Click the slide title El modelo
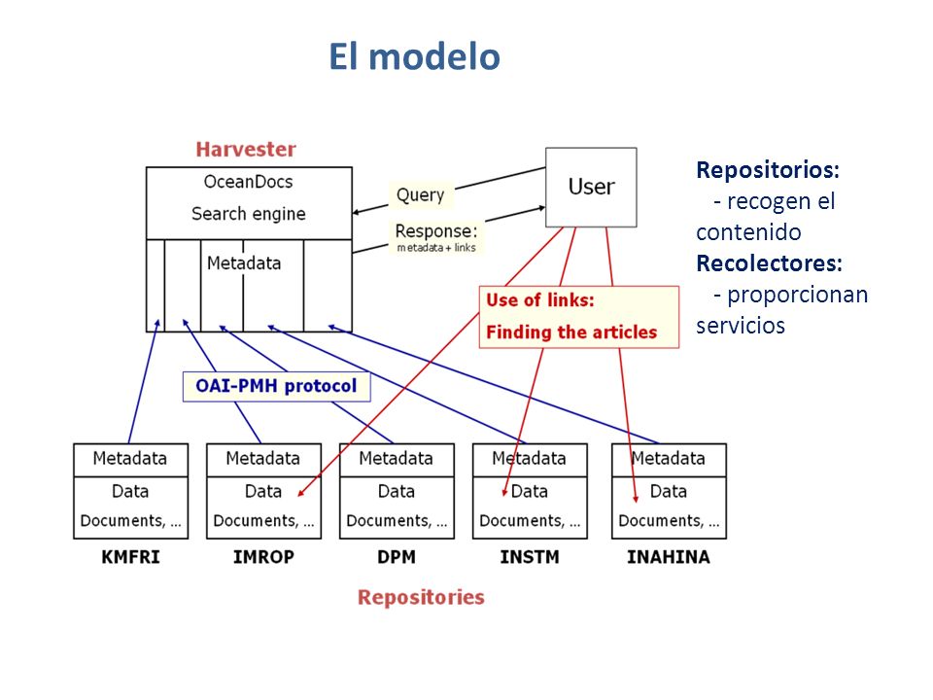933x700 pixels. point(414,57)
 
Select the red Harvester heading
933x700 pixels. point(246,150)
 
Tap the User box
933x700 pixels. point(591,187)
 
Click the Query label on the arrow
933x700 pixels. point(420,194)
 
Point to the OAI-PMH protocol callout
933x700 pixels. point(276,386)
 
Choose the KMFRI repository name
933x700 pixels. point(130,557)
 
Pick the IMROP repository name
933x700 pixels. point(263,557)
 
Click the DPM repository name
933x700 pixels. point(397,557)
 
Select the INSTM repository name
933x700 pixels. point(530,557)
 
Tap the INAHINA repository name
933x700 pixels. point(669,557)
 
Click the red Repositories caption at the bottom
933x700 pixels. point(421,597)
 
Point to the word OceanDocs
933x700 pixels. point(248,182)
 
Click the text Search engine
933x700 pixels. point(249,214)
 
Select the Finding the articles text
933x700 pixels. point(571,332)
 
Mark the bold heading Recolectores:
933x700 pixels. point(770,263)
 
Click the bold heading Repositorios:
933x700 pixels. point(768,170)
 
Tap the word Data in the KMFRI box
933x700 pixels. point(130,491)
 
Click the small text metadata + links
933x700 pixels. point(436,248)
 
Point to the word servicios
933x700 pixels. point(741,326)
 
